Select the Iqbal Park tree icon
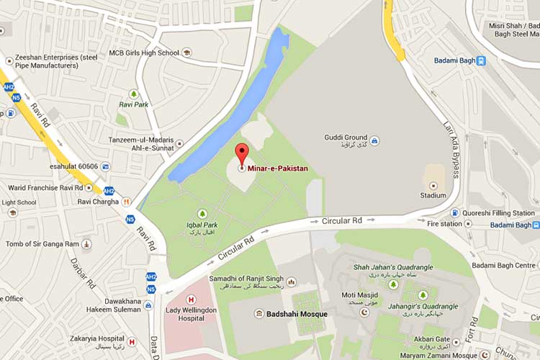[202, 214]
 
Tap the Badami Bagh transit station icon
[481, 60]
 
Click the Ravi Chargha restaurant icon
[127, 202]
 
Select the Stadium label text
[433, 194]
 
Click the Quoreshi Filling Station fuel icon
[455, 212]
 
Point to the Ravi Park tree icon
[133, 94]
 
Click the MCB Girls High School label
[143, 53]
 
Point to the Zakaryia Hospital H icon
[131, 341]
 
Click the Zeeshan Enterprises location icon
[9, 61]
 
